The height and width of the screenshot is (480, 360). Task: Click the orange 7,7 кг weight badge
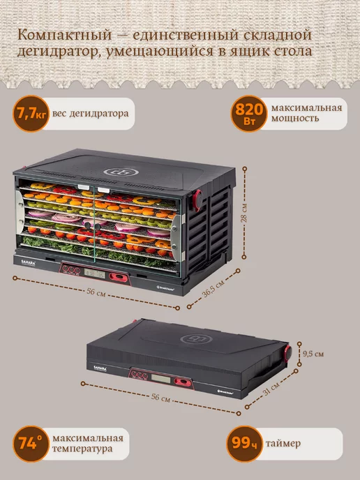pos(31,114)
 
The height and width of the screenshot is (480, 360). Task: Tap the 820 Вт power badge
pos(249,114)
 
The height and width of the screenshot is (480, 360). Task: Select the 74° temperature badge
pos(31,444)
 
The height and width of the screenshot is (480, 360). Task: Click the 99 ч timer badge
pos(245,444)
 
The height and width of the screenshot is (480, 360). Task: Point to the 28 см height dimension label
pos(244,213)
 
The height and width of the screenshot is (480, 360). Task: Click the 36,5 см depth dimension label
pos(213,288)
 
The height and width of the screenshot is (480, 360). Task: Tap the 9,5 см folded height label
pos(313,354)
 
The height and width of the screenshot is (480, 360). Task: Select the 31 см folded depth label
pos(271,389)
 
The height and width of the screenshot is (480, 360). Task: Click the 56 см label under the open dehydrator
pos(96,292)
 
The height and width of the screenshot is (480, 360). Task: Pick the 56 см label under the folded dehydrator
pos(161,398)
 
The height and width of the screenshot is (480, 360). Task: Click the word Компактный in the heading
pos(64,36)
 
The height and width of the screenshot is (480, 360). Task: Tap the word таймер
pos(283,443)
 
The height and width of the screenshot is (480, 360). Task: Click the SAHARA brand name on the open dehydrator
pos(29,262)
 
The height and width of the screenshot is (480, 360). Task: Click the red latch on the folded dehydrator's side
pos(287,352)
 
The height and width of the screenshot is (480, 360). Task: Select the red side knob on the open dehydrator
pos(197,200)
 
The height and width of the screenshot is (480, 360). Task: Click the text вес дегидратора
pos(90,114)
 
